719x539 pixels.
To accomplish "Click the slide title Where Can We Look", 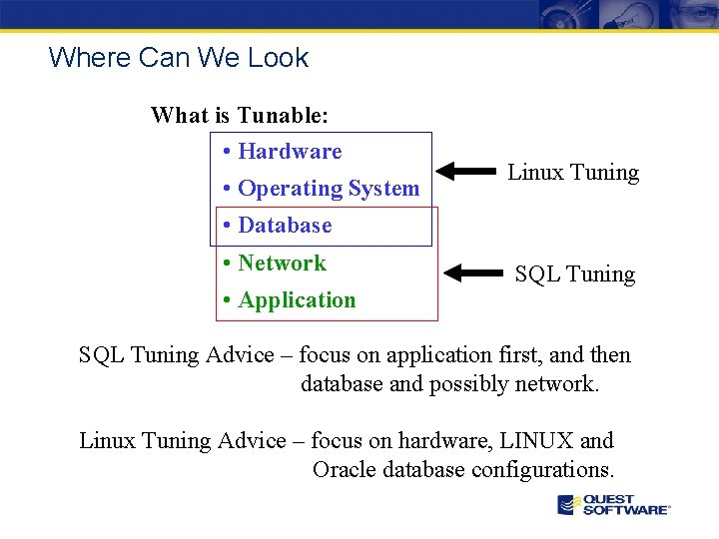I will [179, 58].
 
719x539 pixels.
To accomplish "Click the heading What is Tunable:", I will [240, 115].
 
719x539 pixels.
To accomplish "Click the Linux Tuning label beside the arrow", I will [573, 173].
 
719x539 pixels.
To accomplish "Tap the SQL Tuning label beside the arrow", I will [574, 274].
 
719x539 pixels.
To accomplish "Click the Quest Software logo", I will [613, 505].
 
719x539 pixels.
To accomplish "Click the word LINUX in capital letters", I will [537, 441].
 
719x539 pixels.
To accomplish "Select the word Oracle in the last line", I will [343, 470].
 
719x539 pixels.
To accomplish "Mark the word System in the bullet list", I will [384, 189].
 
